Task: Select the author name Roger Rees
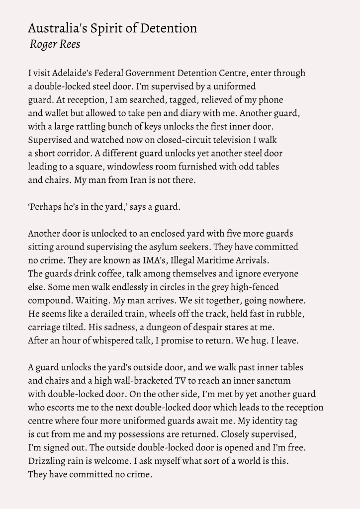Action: pyautogui.click(x=55, y=44)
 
